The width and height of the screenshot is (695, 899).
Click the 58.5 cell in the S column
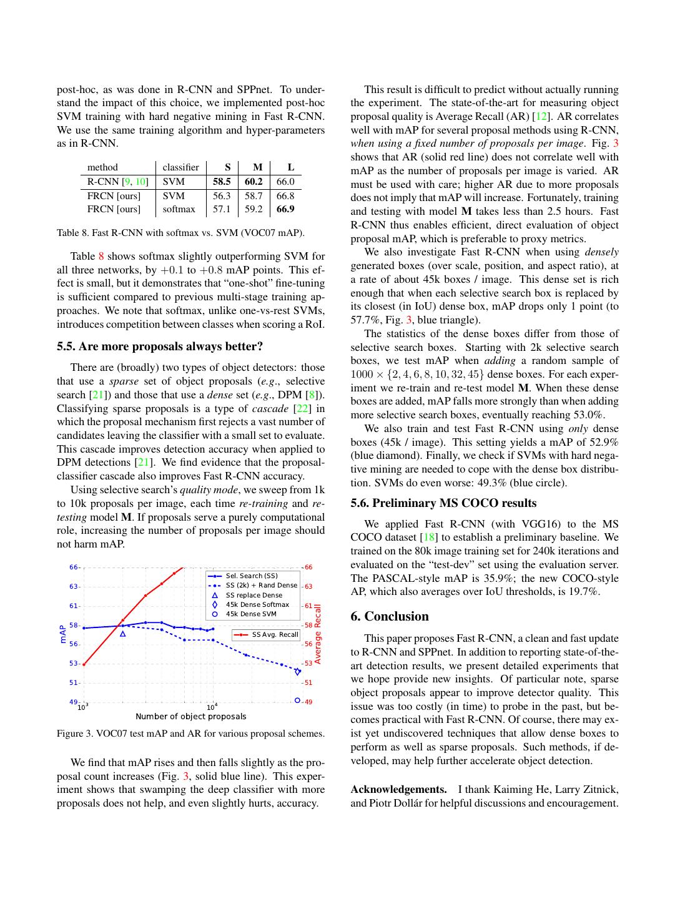(222, 182)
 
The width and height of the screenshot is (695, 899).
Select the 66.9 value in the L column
(285, 209)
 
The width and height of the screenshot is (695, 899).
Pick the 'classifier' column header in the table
(180, 167)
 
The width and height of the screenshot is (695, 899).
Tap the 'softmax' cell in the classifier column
(179, 209)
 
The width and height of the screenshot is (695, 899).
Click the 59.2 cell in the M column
(254, 209)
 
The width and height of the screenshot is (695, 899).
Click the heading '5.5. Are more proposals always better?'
(160, 346)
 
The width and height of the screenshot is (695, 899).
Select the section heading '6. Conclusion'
(390, 617)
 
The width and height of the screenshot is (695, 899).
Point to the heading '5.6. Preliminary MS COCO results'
(443, 503)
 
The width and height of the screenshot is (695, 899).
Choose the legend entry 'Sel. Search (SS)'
(252, 576)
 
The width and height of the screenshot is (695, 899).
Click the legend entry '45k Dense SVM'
(251, 614)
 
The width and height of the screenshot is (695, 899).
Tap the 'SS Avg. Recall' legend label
(275, 635)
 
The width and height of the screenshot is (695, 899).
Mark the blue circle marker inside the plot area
(297, 700)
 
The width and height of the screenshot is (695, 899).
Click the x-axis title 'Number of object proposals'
(191, 717)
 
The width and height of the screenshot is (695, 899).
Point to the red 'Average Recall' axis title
(317, 634)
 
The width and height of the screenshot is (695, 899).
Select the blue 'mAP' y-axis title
(63, 634)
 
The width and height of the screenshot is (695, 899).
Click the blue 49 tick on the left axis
(74, 702)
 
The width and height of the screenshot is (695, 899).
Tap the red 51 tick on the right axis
(308, 683)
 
